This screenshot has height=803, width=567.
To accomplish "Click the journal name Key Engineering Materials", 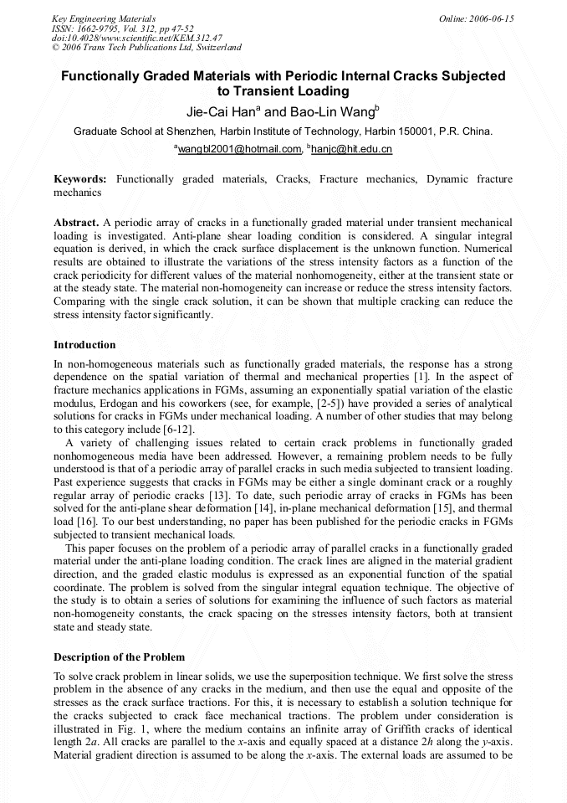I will click(104, 18).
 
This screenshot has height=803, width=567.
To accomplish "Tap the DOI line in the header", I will click(137, 38).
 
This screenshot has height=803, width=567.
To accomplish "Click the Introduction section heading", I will click(84, 344).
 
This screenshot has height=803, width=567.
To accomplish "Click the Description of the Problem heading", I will click(119, 656).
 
